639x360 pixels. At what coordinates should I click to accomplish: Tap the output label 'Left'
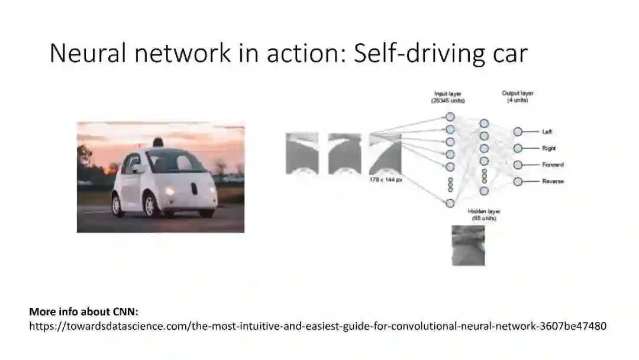(x=547, y=132)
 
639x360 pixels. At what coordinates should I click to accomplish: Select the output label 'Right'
(x=548, y=149)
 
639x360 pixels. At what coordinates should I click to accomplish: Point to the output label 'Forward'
(x=553, y=165)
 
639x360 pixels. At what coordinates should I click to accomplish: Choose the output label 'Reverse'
(x=553, y=182)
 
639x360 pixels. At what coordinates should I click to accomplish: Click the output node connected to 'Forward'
(x=518, y=165)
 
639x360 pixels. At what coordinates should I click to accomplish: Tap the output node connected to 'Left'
(x=518, y=132)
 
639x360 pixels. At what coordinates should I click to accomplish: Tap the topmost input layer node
(x=450, y=117)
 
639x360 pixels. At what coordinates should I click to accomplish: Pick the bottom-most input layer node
(x=450, y=203)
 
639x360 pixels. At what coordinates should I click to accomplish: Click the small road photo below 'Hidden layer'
(x=468, y=245)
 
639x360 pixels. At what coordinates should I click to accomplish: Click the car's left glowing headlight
(x=170, y=191)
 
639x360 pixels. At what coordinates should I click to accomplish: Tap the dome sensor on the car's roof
(x=157, y=142)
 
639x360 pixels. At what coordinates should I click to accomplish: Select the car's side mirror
(x=137, y=168)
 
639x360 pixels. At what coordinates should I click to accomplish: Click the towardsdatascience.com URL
(x=318, y=326)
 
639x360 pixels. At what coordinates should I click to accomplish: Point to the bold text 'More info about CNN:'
(x=83, y=311)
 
